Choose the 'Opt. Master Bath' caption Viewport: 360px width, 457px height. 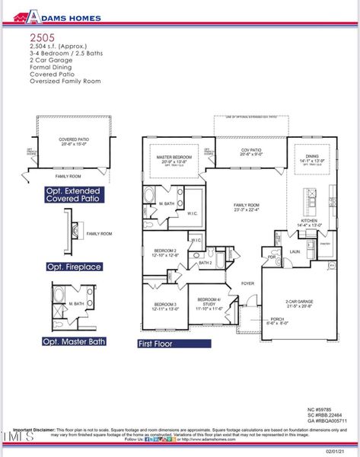76,342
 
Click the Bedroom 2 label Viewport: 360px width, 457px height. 165,252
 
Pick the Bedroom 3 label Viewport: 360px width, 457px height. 165,306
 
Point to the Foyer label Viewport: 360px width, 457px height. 247,283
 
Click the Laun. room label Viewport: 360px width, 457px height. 294,251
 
